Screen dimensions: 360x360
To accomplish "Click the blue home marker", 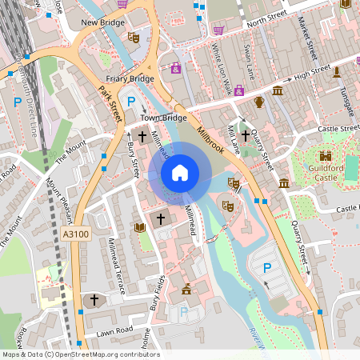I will point(180,171).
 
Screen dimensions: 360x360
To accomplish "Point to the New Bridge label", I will point(102,23).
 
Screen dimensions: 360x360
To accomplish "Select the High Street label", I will point(311,75).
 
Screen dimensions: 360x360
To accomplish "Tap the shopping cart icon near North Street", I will point(218,30).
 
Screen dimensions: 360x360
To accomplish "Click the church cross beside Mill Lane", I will point(244,136).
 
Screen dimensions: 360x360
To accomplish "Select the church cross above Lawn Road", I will point(94,300).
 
